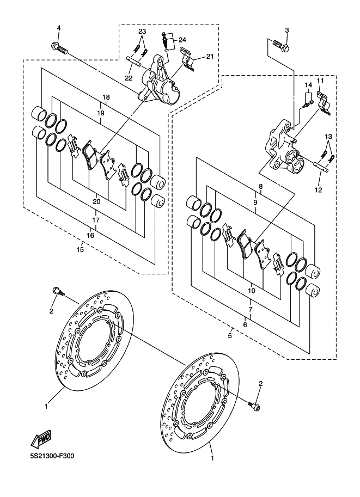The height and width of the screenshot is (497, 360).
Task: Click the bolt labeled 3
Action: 281,46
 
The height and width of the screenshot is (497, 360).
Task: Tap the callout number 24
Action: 182,40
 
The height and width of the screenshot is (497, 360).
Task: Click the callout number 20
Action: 96,202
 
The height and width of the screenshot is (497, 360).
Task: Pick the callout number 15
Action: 80,250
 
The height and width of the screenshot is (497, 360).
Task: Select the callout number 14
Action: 308,85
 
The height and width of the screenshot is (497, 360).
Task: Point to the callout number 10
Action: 251,291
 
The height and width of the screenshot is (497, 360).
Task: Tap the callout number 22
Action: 129,78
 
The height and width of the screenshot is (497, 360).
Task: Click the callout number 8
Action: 261,187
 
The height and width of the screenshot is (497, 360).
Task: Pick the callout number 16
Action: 90,235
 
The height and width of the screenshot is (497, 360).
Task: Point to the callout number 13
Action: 328,136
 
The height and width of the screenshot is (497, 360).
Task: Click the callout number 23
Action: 142,31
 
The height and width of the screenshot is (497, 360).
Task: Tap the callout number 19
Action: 100,112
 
